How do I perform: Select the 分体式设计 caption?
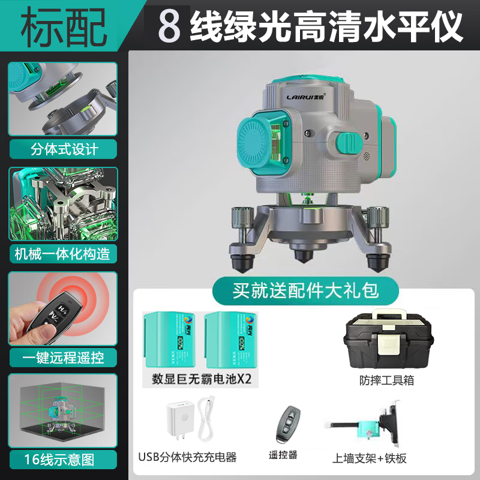(64, 148)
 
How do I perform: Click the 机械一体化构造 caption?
(63, 253)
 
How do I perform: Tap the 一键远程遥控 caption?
(63, 358)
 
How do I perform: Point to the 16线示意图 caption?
(63, 460)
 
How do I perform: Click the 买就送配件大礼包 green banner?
(306, 291)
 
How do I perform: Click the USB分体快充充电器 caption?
(187, 457)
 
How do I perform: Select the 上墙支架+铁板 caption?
(370, 458)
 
